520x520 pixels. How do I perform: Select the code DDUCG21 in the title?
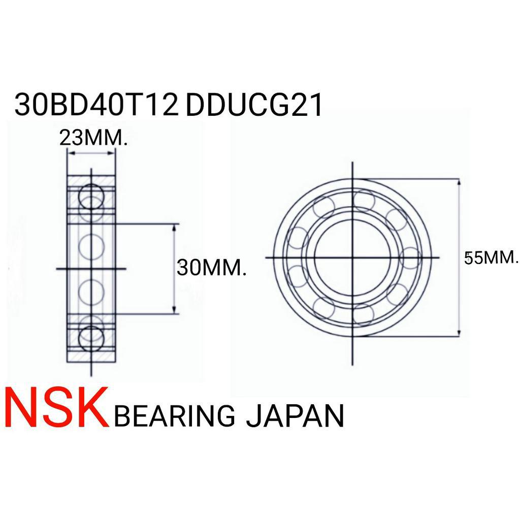(x=254, y=105)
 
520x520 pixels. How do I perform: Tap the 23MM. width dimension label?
(x=93, y=138)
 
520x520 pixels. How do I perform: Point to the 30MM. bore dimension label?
(x=212, y=268)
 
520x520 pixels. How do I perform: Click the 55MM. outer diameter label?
(x=491, y=257)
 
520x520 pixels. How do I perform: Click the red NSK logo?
(x=55, y=408)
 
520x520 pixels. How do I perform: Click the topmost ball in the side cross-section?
(x=91, y=196)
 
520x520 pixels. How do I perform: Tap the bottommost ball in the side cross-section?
(x=91, y=338)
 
